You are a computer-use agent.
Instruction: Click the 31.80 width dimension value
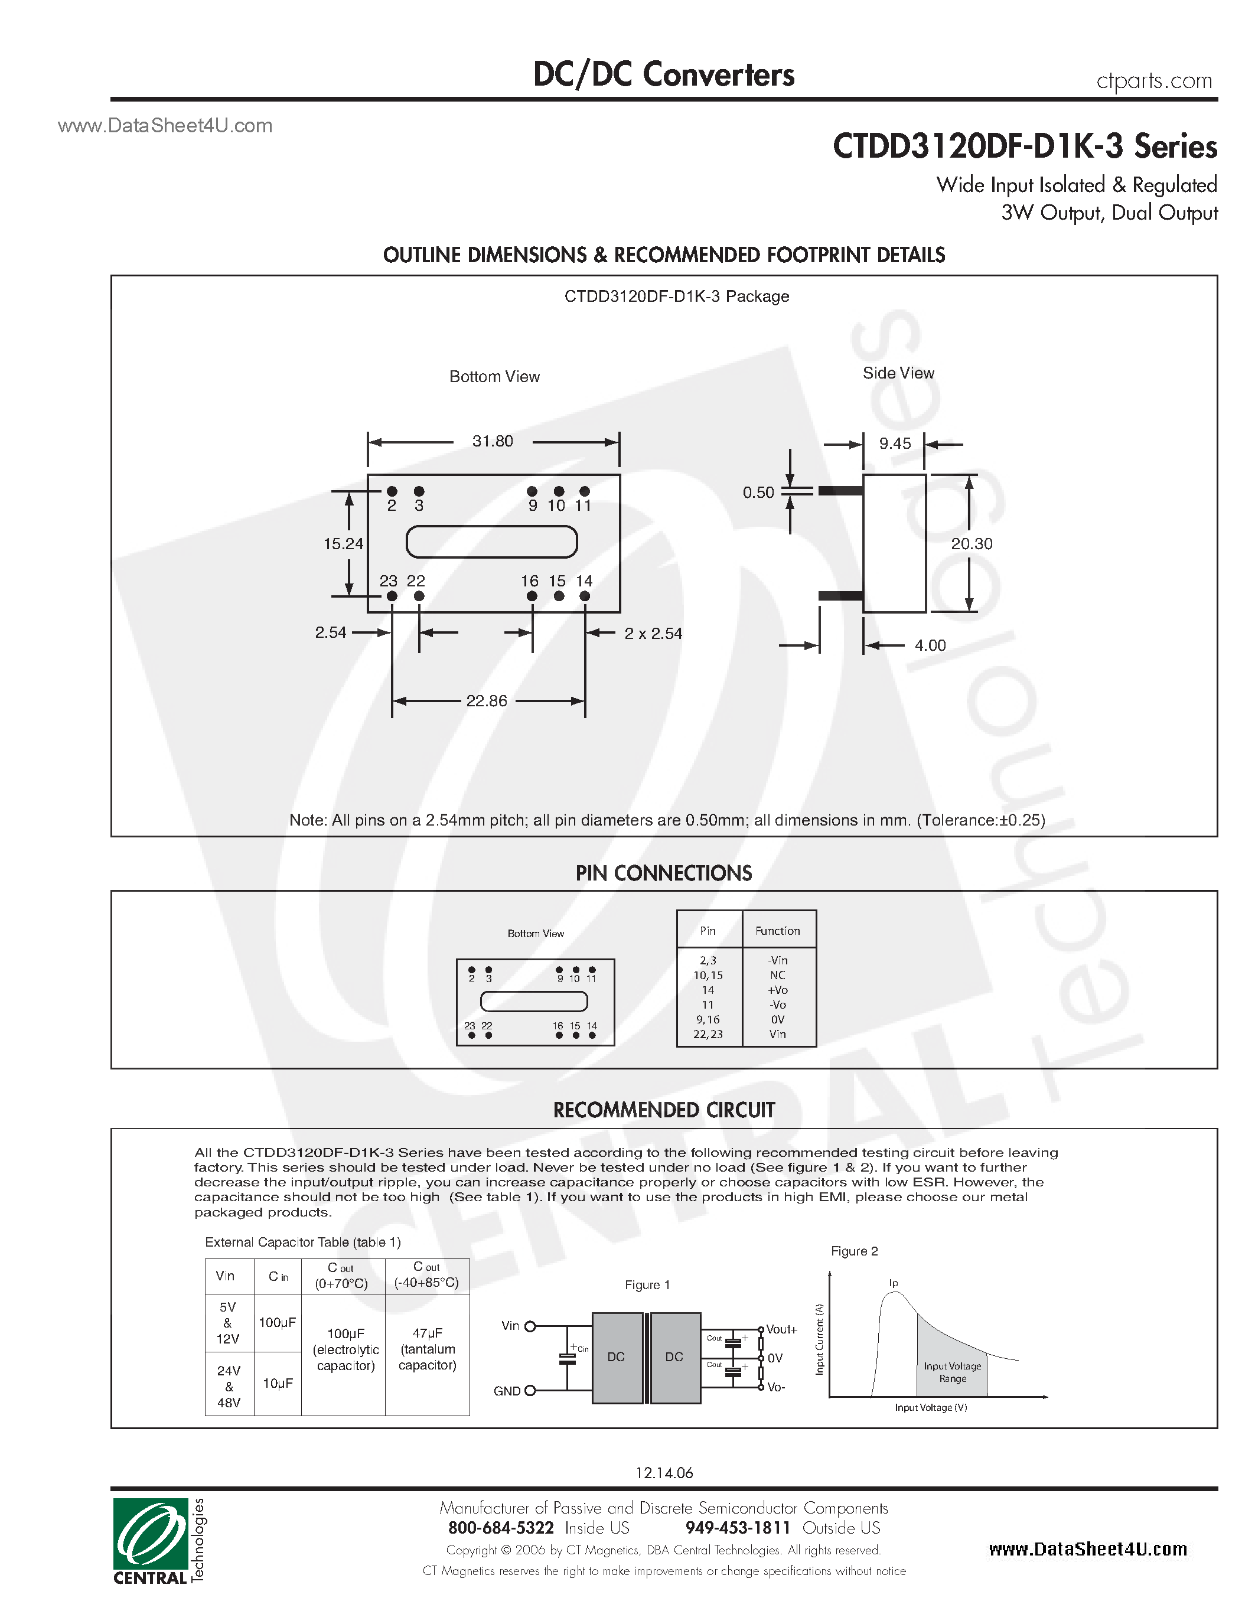pyautogui.click(x=492, y=442)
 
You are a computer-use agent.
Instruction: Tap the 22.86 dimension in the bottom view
pyautogui.click(x=486, y=701)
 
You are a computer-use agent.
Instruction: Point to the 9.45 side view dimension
pyautogui.click(x=894, y=444)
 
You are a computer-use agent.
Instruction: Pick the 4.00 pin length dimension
pyautogui.click(x=930, y=645)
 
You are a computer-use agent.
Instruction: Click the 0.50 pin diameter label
pyautogui.click(x=758, y=493)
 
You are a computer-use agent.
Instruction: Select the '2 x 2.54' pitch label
pyautogui.click(x=653, y=634)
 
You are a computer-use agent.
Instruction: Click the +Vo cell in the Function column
pyautogui.click(x=778, y=990)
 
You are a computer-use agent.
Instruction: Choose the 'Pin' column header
pyautogui.click(x=708, y=931)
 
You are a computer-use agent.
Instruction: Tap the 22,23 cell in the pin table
pyautogui.click(x=708, y=1034)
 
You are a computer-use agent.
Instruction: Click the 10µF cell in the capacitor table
pyautogui.click(x=278, y=1383)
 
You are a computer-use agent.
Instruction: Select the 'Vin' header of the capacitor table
pyautogui.click(x=225, y=1276)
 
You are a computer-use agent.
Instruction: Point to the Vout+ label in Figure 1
pyautogui.click(x=781, y=1329)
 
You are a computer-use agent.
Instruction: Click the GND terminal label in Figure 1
pyautogui.click(x=507, y=1391)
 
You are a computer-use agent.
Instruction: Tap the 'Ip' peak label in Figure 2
pyautogui.click(x=894, y=1283)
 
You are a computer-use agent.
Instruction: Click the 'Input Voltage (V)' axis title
pyautogui.click(x=931, y=1408)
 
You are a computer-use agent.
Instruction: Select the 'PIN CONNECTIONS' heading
pyautogui.click(x=663, y=874)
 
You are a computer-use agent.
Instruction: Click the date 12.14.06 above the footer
pyautogui.click(x=664, y=1473)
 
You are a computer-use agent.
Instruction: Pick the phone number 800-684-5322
pyautogui.click(x=500, y=1528)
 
